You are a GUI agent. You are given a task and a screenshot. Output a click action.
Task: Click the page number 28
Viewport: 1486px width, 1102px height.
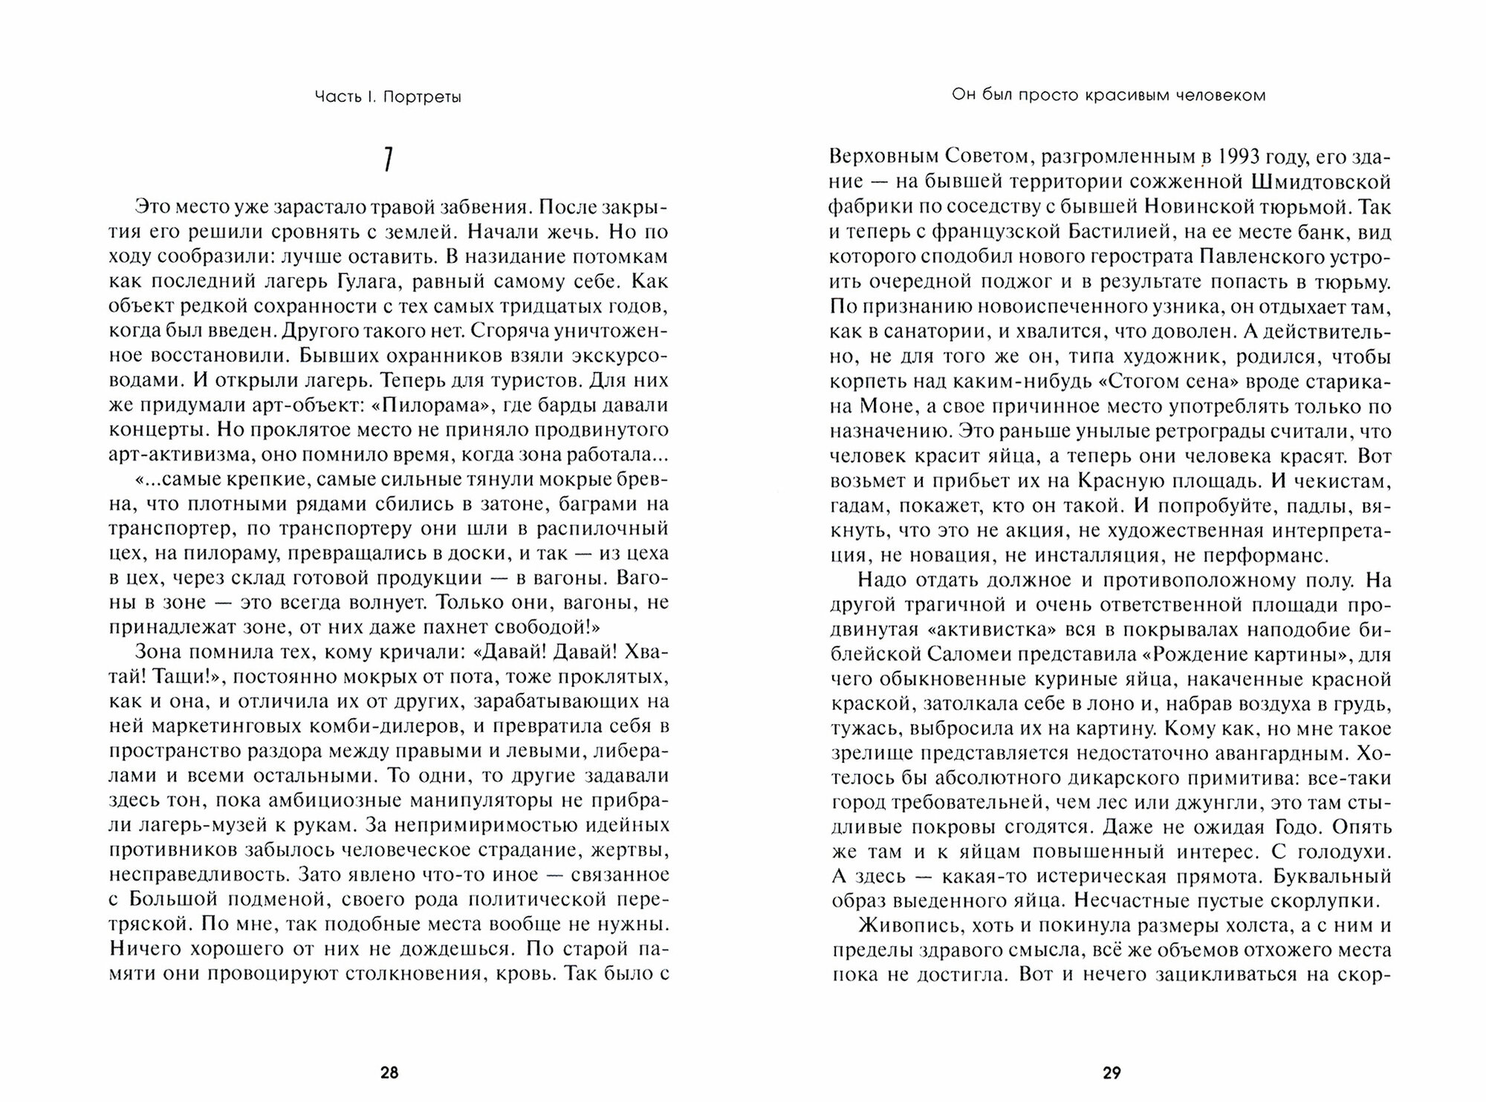pyautogui.click(x=389, y=1072)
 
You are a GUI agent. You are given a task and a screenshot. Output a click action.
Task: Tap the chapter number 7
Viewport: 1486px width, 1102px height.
pyautogui.click(x=388, y=160)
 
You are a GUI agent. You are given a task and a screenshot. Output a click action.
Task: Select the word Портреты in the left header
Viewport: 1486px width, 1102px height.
pyautogui.click(x=422, y=97)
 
